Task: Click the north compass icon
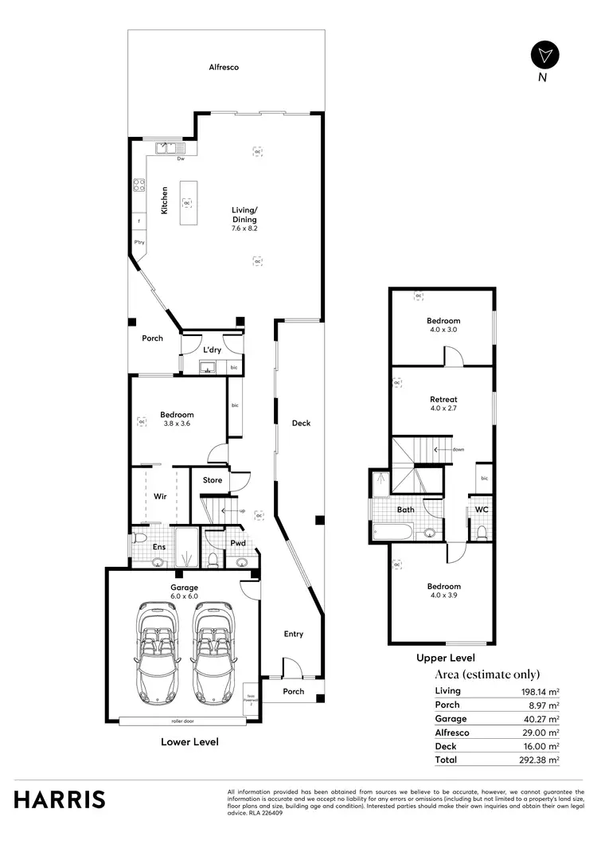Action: tap(544, 55)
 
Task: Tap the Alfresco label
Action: tap(224, 68)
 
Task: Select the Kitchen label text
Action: tap(165, 200)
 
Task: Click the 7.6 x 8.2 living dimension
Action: tap(245, 229)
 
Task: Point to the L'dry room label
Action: tap(212, 350)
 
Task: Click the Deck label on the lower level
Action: tap(301, 424)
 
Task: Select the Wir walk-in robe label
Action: tap(159, 496)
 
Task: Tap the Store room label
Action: tap(213, 480)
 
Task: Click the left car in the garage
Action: tap(157, 649)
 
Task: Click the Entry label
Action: tap(294, 634)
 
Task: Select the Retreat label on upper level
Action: tap(443, 400)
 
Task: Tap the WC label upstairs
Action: tap(482, 509)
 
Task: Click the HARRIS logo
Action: tap(59, 799)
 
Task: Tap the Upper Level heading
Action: tap(446, 658)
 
